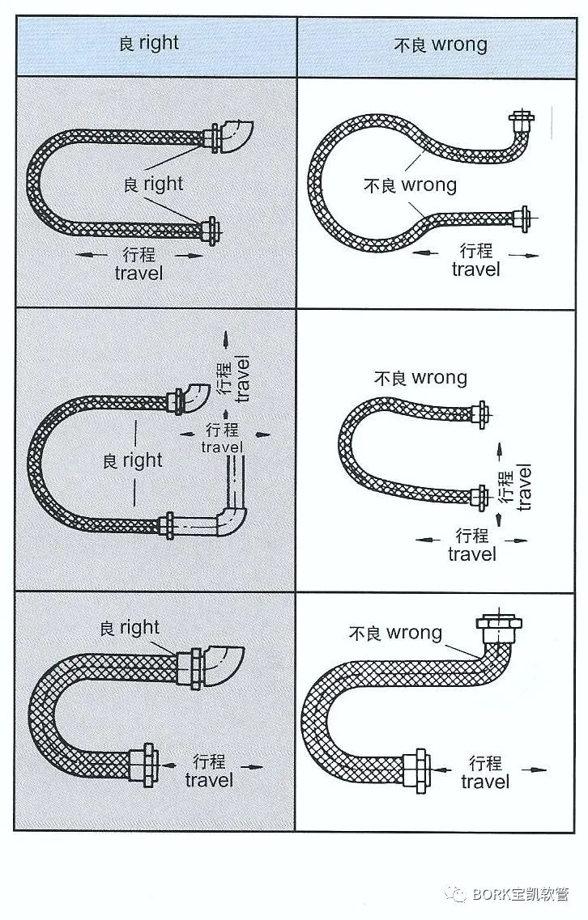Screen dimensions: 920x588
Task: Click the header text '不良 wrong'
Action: [441, 44]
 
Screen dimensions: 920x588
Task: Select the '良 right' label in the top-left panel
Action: [153, 184]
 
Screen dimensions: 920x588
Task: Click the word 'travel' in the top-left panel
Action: [138, 273]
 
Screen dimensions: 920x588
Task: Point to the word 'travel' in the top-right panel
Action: [475, 269]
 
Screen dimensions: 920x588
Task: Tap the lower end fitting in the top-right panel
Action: [518, 218]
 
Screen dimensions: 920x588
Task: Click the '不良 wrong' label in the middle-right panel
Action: [420, 378]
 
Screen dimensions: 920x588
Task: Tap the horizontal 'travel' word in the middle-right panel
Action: [472, 554]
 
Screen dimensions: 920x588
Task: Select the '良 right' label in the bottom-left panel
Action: [130, 627]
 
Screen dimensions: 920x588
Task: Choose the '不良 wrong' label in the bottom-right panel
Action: [396, 632]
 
